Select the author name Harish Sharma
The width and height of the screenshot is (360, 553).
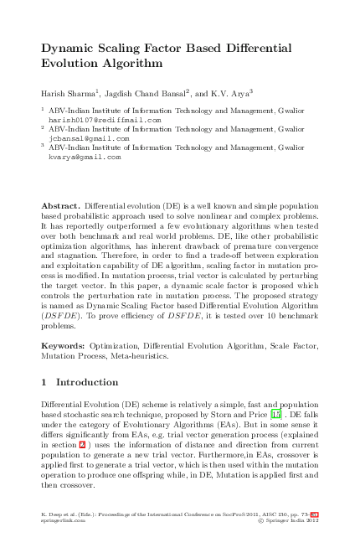click(x=68, y=91)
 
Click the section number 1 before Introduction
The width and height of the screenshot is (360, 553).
click(x=44, y=382)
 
